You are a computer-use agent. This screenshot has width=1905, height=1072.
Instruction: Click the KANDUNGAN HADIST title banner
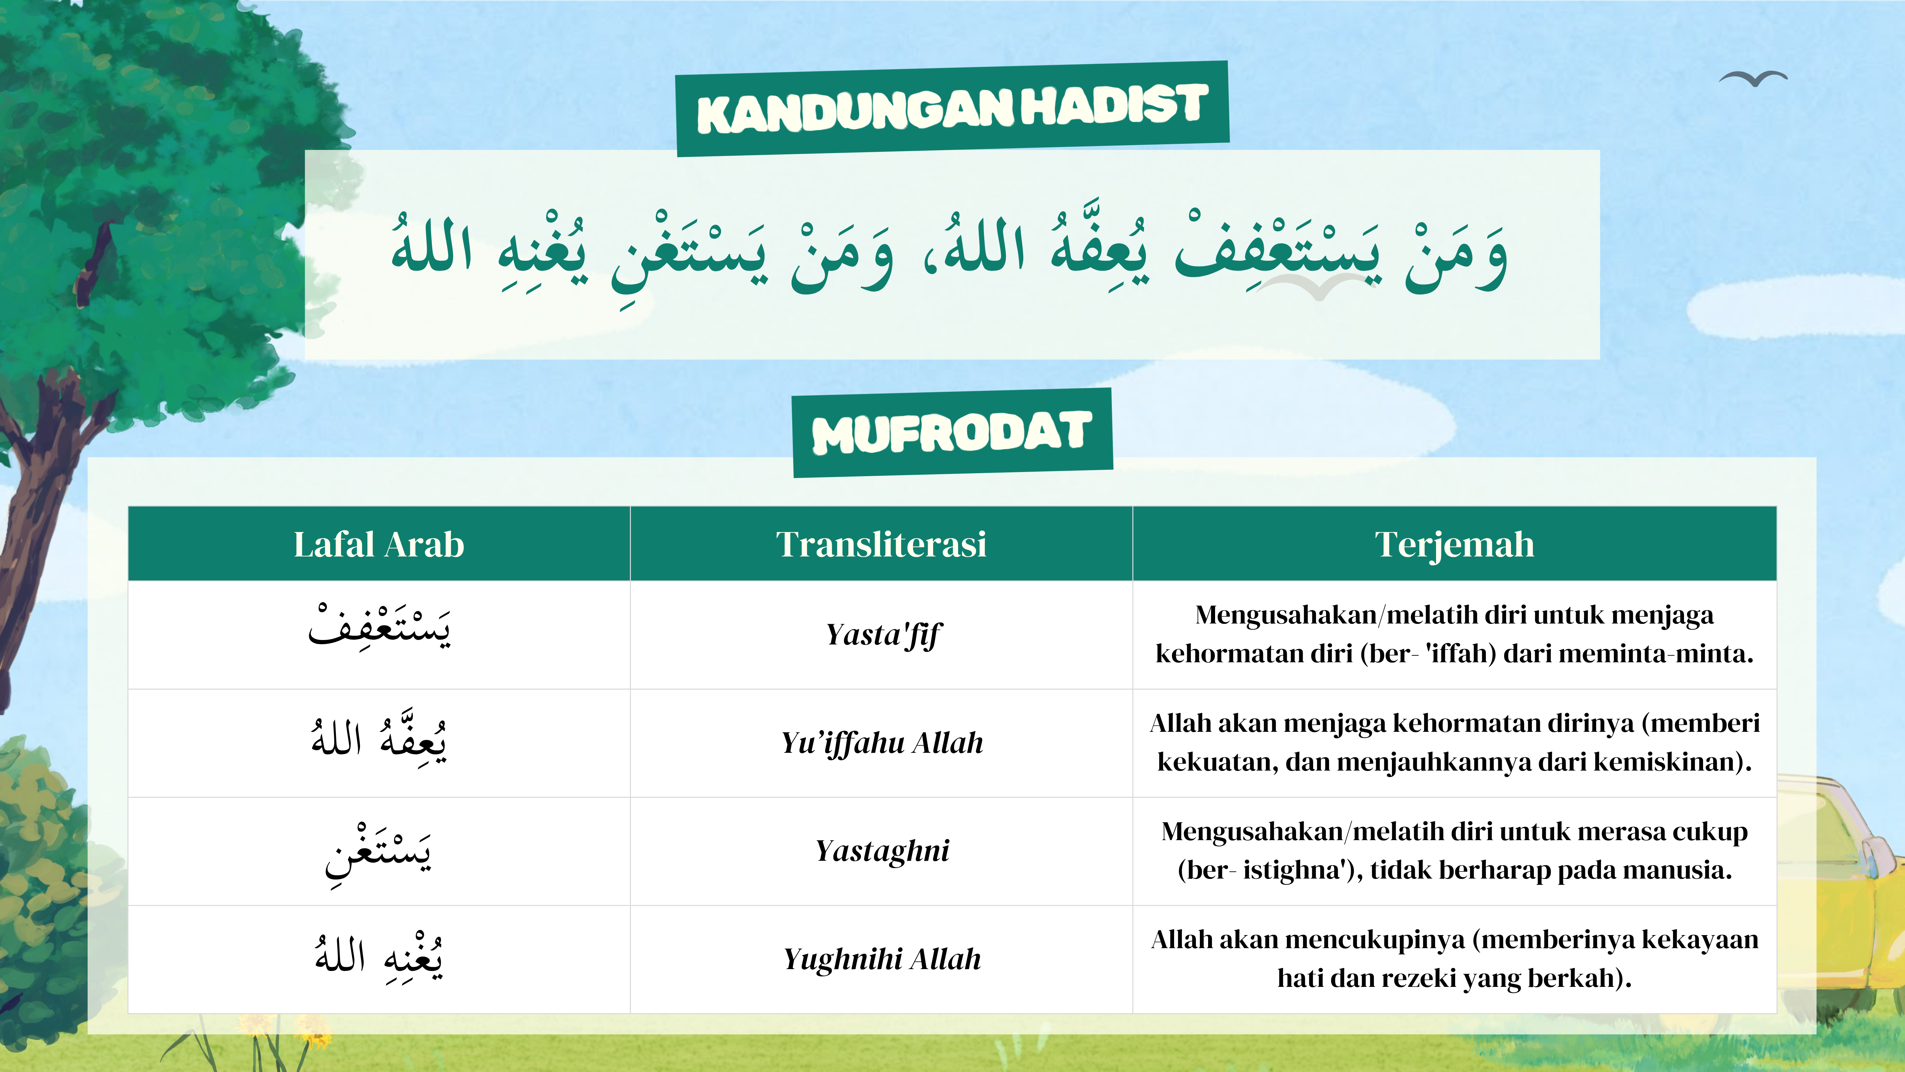952,109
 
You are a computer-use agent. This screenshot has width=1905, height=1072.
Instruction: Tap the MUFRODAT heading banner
952,433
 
